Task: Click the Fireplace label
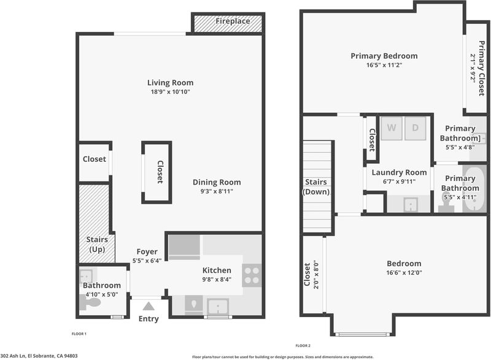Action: coord(233,21)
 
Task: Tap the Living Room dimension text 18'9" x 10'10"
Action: coord(171,92)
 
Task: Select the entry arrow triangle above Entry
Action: coord(149,306)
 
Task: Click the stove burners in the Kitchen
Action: coord(252,275)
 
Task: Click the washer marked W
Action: coord(392,128)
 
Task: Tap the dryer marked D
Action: coord(416,128)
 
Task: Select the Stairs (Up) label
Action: coord(97,244)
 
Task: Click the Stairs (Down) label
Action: coord(316,186)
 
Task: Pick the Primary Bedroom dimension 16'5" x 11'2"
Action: coord(384,65)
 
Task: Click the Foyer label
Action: coord(147,251)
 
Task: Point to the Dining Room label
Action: coord(217,182)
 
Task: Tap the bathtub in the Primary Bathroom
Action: coord(474,189)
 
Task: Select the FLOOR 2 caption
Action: coord(303,346)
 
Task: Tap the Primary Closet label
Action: coord(482,68)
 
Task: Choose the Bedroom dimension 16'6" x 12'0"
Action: coord(404,273)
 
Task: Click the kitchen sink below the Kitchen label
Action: coord(218,306)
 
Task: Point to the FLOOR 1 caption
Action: coord(79,334)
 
